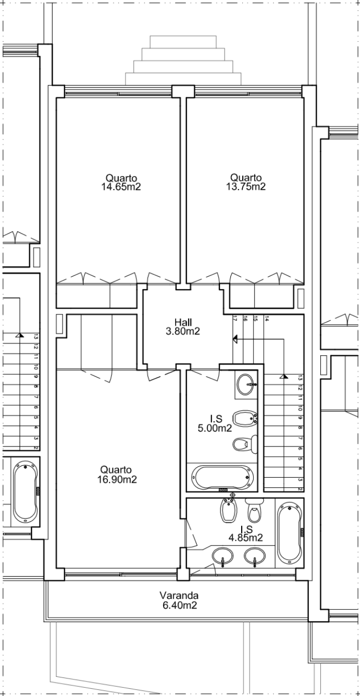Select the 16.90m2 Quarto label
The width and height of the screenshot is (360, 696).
116,475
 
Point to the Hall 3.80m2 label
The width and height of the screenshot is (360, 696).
186,327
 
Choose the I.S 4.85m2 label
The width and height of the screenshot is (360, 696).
246,533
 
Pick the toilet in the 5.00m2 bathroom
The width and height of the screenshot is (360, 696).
245,444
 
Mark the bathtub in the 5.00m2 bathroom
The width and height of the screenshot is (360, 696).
223,478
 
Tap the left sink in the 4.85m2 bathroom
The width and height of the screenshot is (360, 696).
223,557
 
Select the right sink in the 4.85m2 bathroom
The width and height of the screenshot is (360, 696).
255,556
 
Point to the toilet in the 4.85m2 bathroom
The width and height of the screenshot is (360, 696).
254,511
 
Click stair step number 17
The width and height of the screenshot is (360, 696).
235,319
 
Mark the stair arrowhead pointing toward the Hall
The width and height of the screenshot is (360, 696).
234,339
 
